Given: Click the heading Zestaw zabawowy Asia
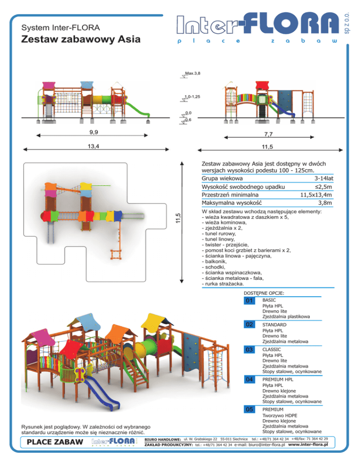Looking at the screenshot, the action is tap(81, 39).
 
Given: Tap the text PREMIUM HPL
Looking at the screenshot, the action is tap(280, 379).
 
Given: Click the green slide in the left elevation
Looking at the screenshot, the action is tap(139, 108).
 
